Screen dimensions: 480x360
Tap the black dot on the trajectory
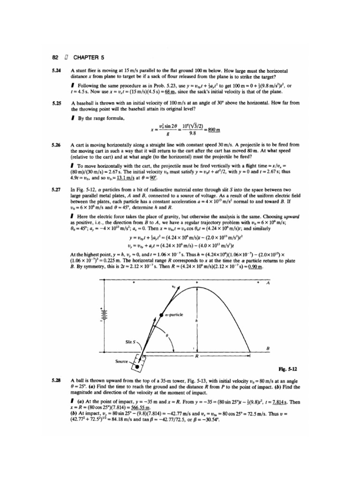[161, 315]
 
